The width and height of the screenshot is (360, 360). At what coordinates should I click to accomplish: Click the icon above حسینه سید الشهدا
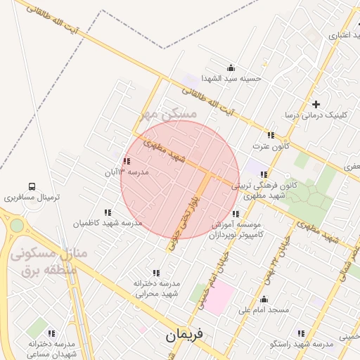(x=231, y=67)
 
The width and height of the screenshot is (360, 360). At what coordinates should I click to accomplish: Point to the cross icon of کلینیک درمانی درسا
(x=316, y=103)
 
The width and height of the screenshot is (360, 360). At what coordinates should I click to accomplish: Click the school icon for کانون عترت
(x=270, y=135)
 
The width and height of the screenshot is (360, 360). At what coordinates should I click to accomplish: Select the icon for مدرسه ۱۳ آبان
(x=126, y=162)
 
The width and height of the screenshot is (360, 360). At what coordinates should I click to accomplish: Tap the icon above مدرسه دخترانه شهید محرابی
(x=156, y=272)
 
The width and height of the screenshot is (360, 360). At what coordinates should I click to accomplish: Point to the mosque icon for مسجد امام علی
(x=264, y=299)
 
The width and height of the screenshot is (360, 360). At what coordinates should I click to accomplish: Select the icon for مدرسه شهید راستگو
(x=301, y=333)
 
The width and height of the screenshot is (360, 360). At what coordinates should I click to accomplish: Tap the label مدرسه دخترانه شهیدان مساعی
(x=51, y=349)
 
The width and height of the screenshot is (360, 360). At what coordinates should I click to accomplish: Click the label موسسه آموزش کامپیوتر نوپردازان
(x=236, y=229)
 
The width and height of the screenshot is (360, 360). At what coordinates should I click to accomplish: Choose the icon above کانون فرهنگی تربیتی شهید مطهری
(x=264, y=174)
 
